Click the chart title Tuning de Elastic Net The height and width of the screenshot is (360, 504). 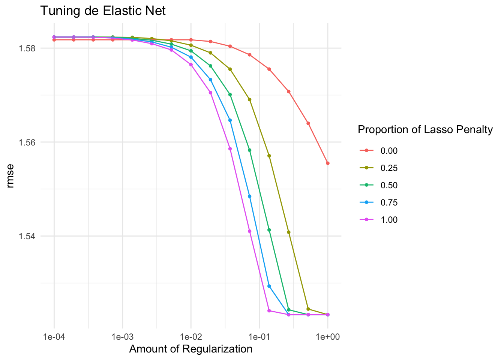point(103,11)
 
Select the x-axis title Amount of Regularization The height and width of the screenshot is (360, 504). point(190,349)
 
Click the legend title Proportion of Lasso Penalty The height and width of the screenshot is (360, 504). point(425,130)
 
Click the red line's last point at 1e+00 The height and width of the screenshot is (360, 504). point(328,163)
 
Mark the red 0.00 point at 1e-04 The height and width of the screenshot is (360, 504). point(54,40)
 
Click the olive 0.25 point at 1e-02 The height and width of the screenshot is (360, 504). point(191,45)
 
